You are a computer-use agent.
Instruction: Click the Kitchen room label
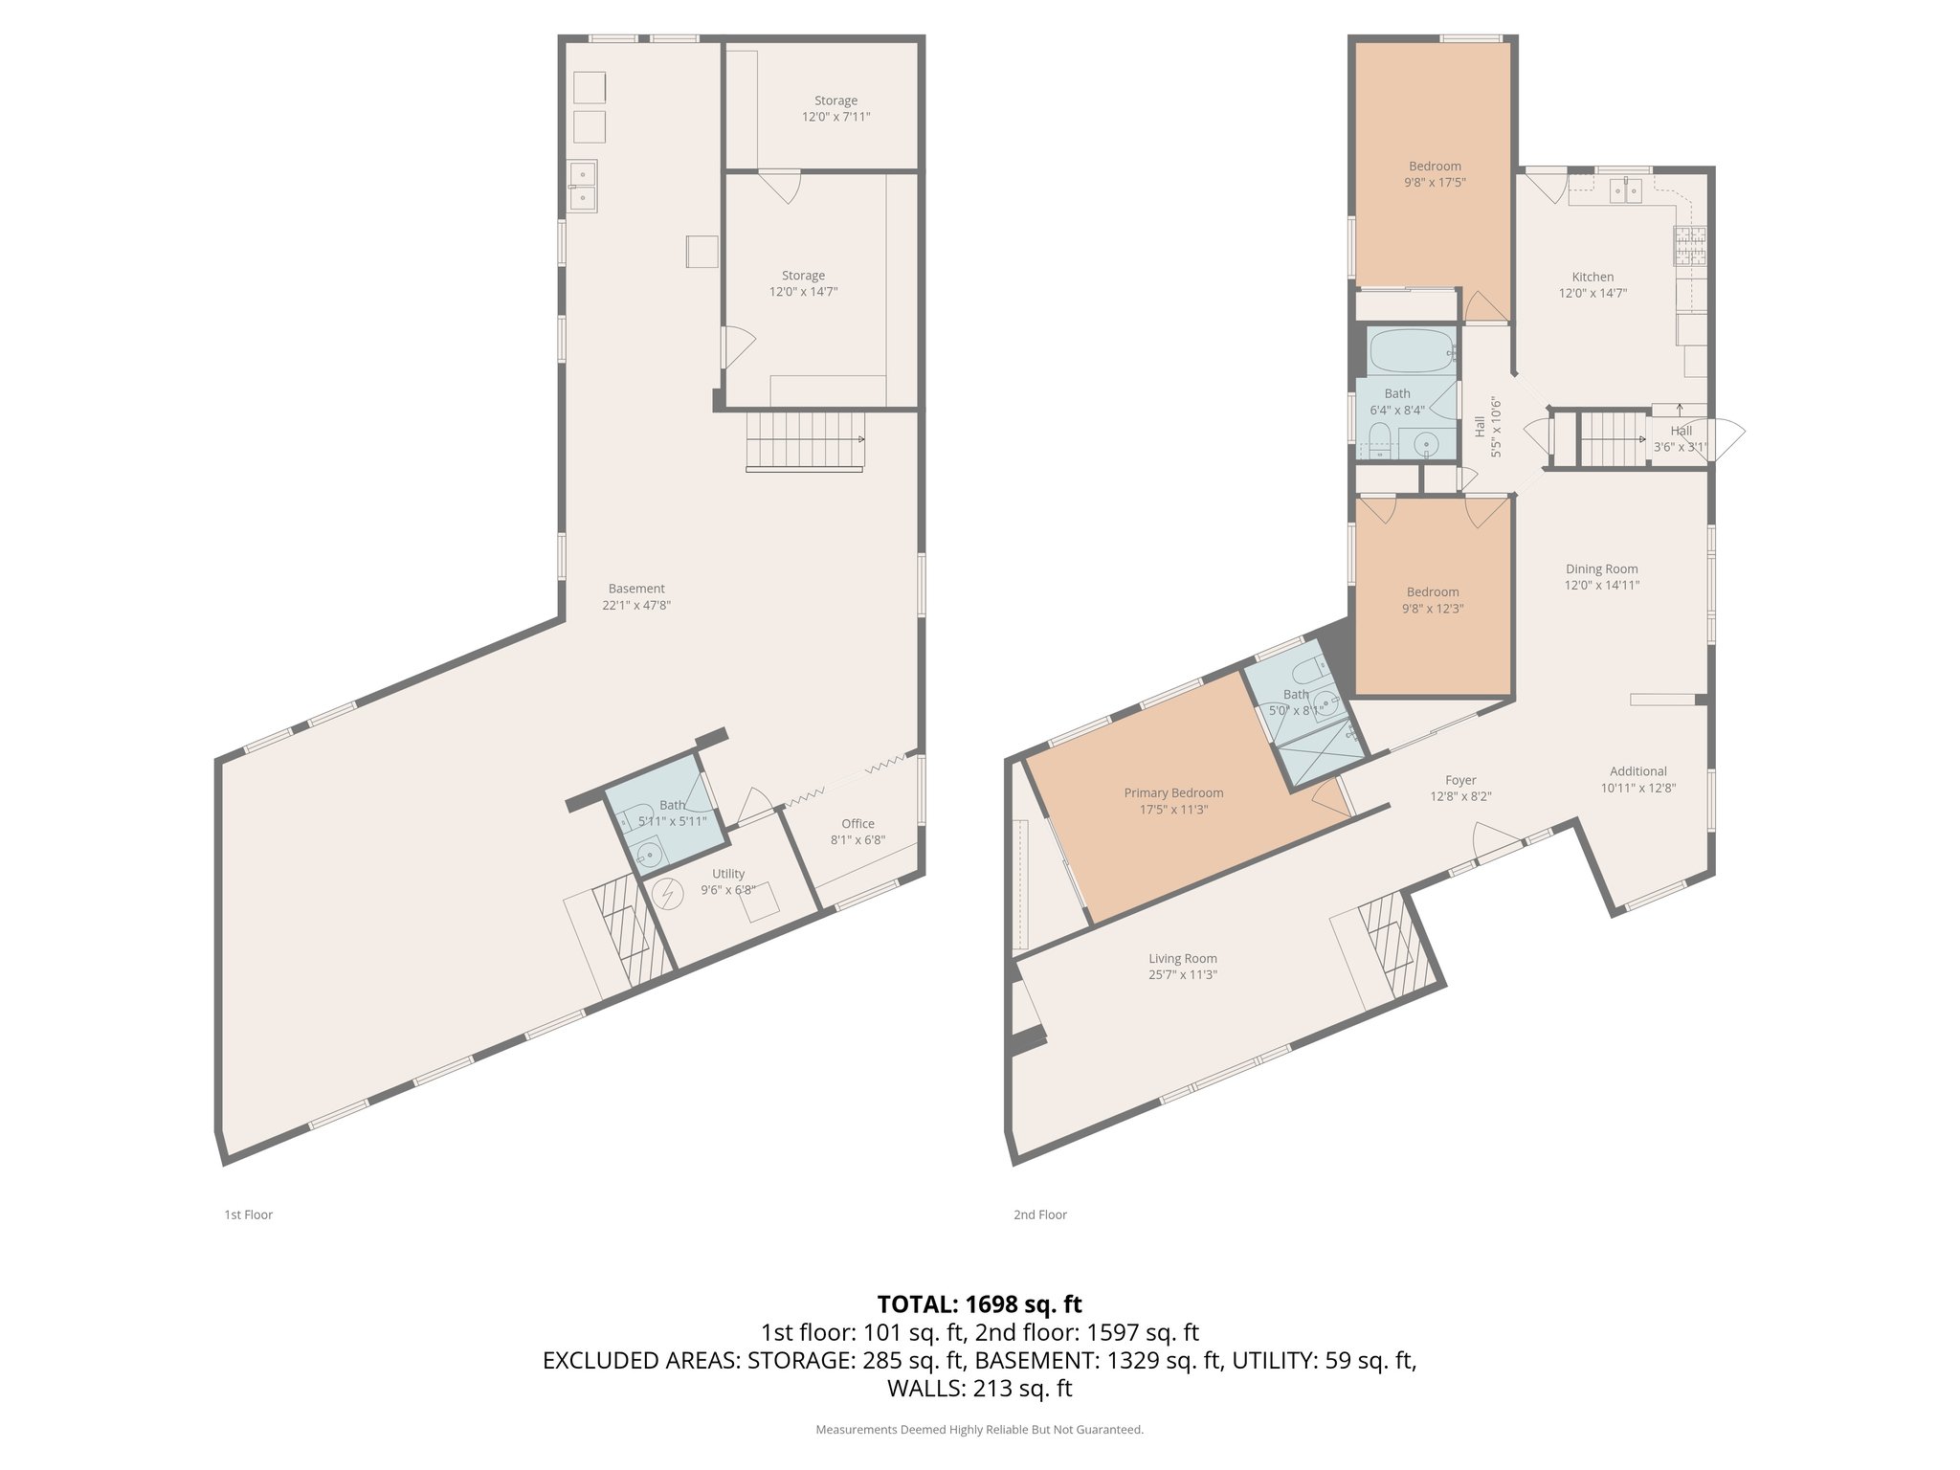pyautogui.click(x=1592, y=277)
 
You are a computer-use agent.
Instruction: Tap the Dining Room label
pyautogui.click(x=1601, y=568)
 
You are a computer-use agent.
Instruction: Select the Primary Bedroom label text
pyautogui.click(x=1173, y=792)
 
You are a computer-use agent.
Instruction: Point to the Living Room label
pyautogui.click(x=1183, y=958)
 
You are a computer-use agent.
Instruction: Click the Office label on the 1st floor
pyautogui.click(x=857, y=823)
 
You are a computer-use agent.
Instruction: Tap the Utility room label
pyautogui.click(x=727, y=873)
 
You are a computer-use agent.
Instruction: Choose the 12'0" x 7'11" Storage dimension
pyautogui.click(x=835, y=117)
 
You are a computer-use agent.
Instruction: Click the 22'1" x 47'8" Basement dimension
pyautogui.click(x=636, y=605)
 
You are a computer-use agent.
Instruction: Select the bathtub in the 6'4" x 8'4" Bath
pyautogui.click(x=1411, y=351)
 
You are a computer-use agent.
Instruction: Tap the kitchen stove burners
pyautogui.click(x=1689, y=246)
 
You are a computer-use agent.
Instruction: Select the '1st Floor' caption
pyautogui.click(x=248, y=1214)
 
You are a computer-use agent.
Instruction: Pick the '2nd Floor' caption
pyautogui.click(x=1039, y=1214)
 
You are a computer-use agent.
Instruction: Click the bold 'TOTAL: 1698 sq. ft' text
pyautogui.click(x=979, y=1303)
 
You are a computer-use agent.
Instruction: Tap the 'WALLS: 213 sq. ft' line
pyautogui.click(x=979, y=1388)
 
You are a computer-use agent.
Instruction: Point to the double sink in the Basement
pyautogui.click(x=582, y=186)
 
